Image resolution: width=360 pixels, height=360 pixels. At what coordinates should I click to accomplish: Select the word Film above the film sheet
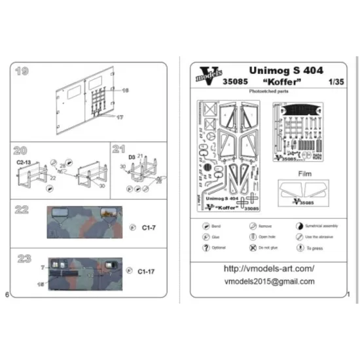click(x=306, y=174)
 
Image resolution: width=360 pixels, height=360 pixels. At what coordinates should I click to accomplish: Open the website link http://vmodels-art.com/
click(x=268, y=268)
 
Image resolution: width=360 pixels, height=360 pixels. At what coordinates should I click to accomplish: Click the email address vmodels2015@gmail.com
click(x=268, y=281)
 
